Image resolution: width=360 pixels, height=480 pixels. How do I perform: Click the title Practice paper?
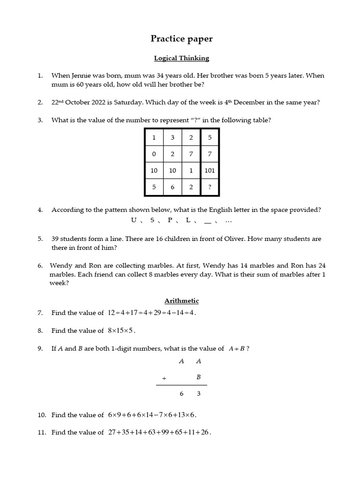pyautogui.click(x=181, y=39)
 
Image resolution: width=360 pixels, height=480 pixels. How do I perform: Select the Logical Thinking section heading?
pyautogui.click(x=181, y=58)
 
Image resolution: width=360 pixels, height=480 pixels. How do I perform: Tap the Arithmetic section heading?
pyautogui.click(x=181, y=300)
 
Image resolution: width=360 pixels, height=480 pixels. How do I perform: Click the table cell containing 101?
pyautogui.click(x=210, y=171)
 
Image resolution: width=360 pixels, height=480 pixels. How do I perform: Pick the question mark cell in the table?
pyautogui.click(x=210, y=187)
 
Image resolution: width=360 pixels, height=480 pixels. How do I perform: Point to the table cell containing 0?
pyautogui.click(x=154, y=154)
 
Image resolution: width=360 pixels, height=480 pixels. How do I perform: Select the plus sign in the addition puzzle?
pyautogui.click(x=164, y=377)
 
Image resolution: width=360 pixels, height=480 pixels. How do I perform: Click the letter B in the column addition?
pyautogui.click(x=198, y=377)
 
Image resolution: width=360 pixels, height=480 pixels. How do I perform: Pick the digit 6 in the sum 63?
pyautogui.click(x=181, y=394)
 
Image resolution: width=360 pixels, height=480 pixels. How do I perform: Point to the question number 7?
pyautogui.click(x=40, y=313)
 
